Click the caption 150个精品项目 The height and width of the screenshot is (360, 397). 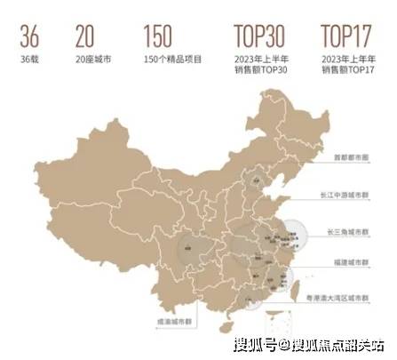tap(171, 59)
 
